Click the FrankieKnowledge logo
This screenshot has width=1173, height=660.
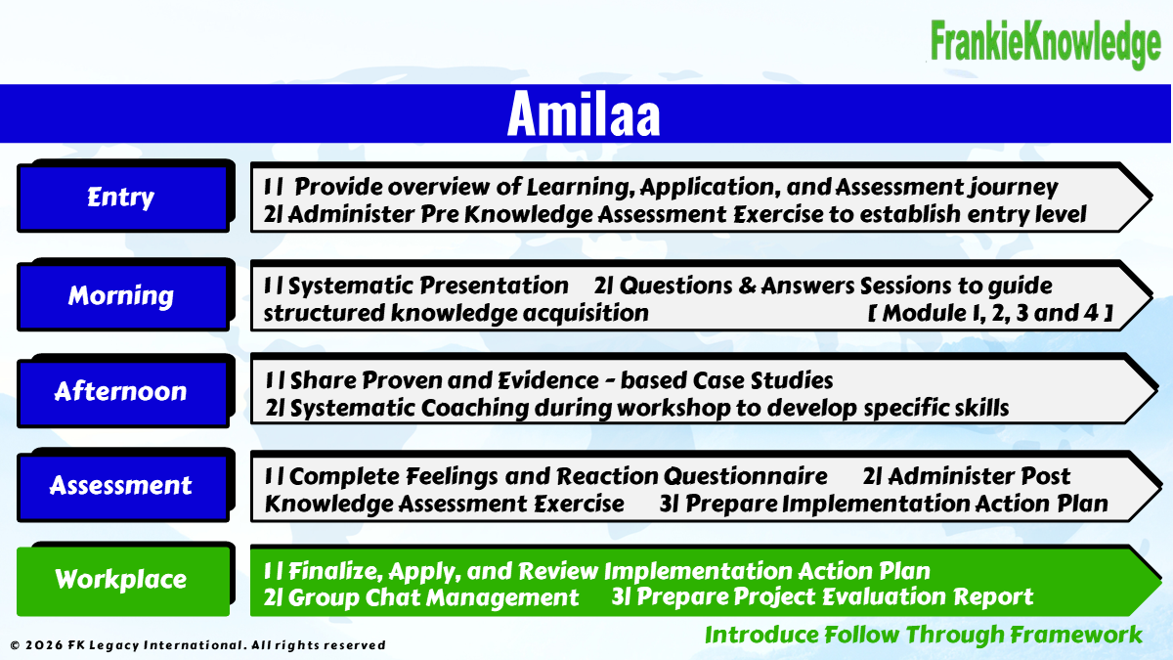click(1045, 43)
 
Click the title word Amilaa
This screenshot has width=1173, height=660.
click(584, 114)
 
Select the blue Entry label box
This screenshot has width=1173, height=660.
click(123, 198)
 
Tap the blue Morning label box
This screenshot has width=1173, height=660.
click(123, 296)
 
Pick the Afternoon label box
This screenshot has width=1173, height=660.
click(123, 392)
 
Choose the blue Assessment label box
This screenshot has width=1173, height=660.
click(123, 487)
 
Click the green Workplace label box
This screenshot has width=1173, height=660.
click(123, 581)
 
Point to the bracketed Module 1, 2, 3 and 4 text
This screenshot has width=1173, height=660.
click(990, 313)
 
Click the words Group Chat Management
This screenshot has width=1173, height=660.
click(433, 597)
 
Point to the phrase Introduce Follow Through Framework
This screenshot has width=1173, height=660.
click(923, 635)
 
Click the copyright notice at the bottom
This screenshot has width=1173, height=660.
click(197, 645)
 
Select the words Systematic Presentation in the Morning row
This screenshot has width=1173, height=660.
click(428, 286)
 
